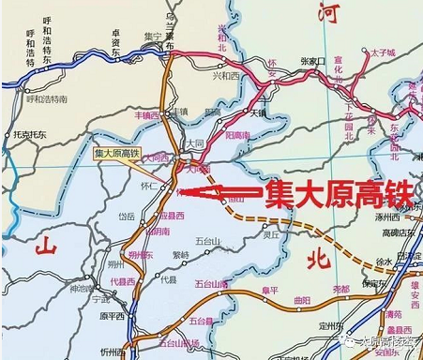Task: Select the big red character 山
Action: tap(46, 247)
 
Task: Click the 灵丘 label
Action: tap(270, 234)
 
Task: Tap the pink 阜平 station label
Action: tap(270, 291)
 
